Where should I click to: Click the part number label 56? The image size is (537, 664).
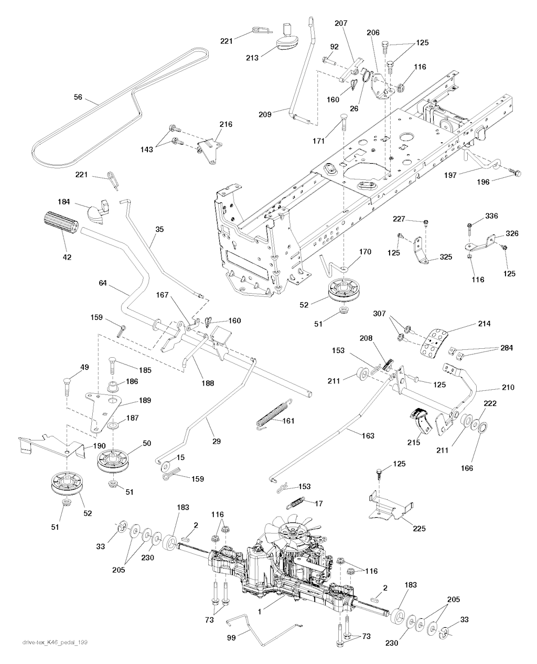coord(78,97)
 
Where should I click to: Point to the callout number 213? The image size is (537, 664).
coord(252,58)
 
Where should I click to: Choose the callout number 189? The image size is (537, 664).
coord(145,400)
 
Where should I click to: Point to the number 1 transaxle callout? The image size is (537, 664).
coord(260,612)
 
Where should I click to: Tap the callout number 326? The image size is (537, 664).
coord(512,233)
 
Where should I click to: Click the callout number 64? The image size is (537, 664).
coord(103,283)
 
